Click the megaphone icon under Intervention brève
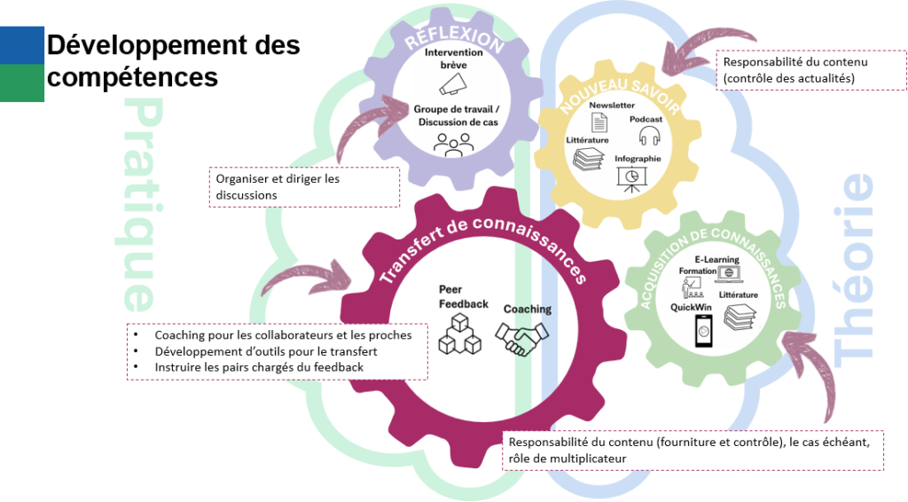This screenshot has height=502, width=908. point(452,84)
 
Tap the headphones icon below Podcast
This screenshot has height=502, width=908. point(650,135)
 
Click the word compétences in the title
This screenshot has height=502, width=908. point(132,77)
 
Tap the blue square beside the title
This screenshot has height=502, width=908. point(22,45)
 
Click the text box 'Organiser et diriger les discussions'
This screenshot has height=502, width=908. point(304,187)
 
